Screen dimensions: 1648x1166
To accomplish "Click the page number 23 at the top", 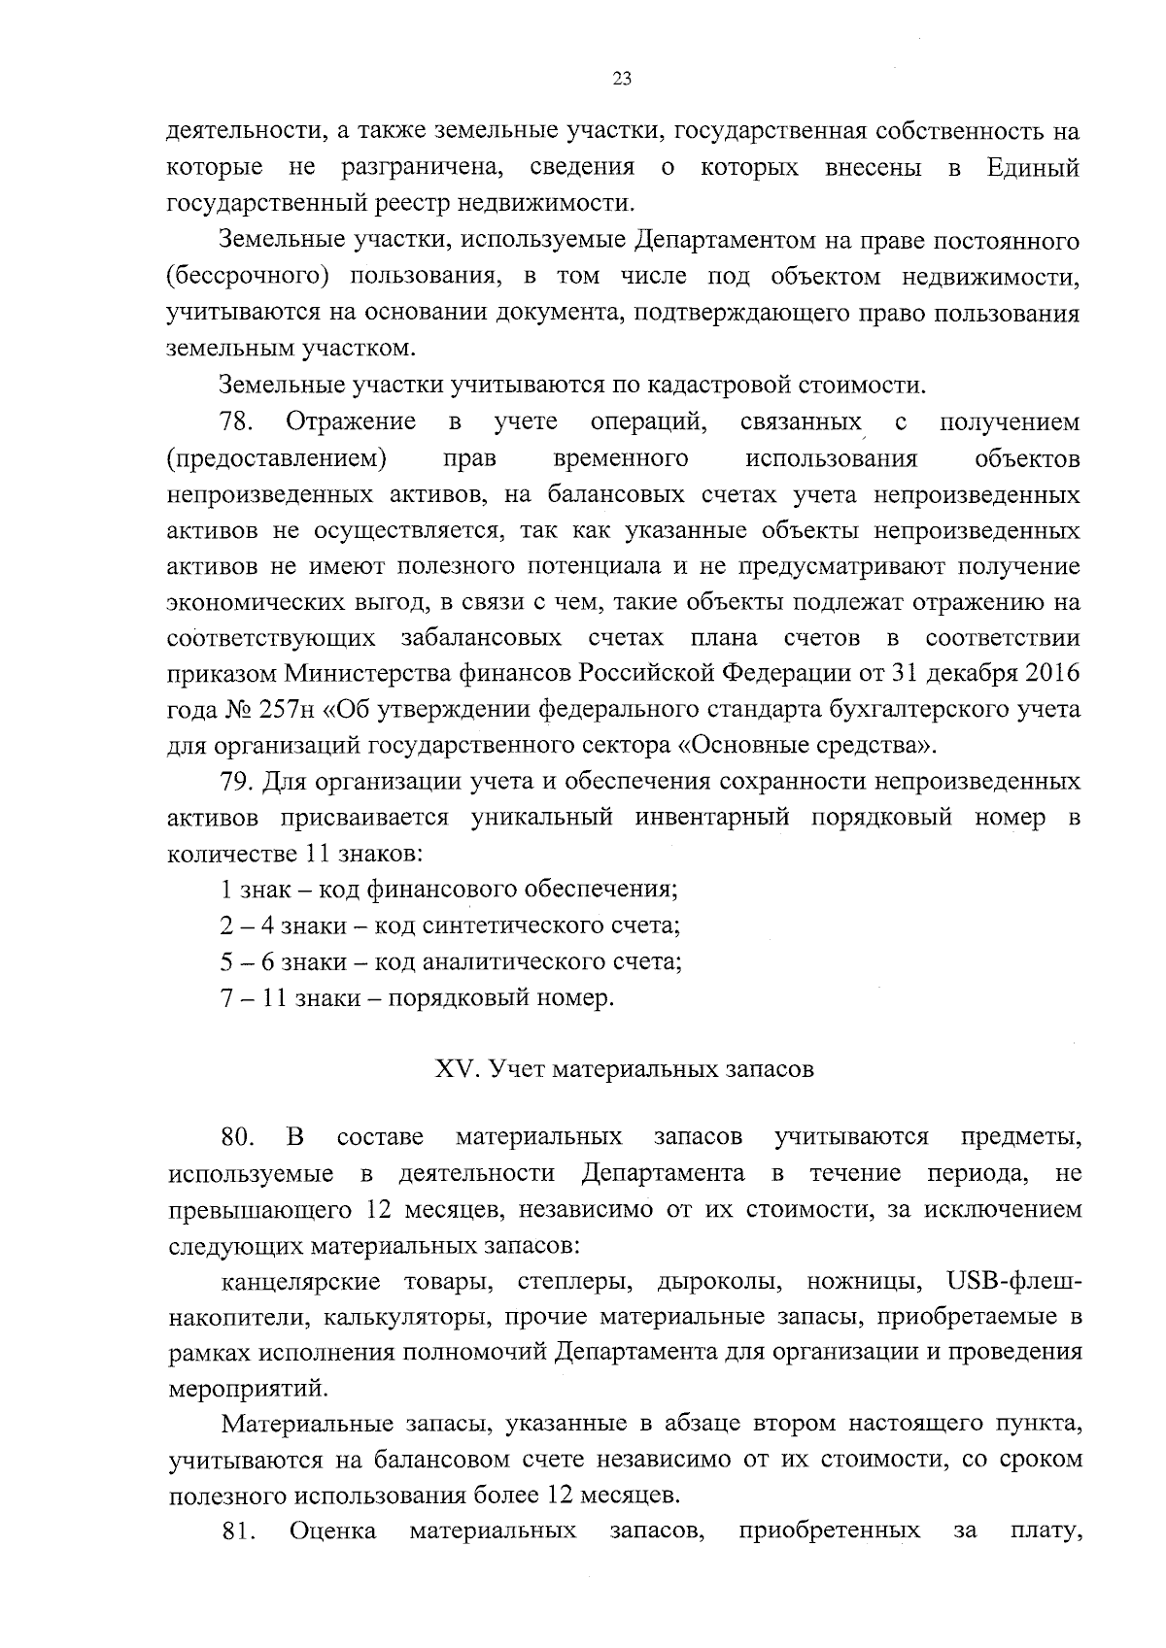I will click(x=622, y=80).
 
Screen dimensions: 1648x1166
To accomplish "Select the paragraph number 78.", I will click(x=238, y=422).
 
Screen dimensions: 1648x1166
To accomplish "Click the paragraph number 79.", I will click(x=238, y=782).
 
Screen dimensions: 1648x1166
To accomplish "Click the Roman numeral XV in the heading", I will click(x=452, y=1070).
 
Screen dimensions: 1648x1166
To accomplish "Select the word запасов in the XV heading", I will click(x=769, y=1070).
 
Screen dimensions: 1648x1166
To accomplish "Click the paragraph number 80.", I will click(x=238, y=1137).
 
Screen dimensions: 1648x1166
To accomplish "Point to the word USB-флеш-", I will click(x=1012, y=1282).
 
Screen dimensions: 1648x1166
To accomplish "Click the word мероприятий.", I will click(x=242, y=1389).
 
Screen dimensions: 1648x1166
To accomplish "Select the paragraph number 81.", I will click(x=238, y=1532).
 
